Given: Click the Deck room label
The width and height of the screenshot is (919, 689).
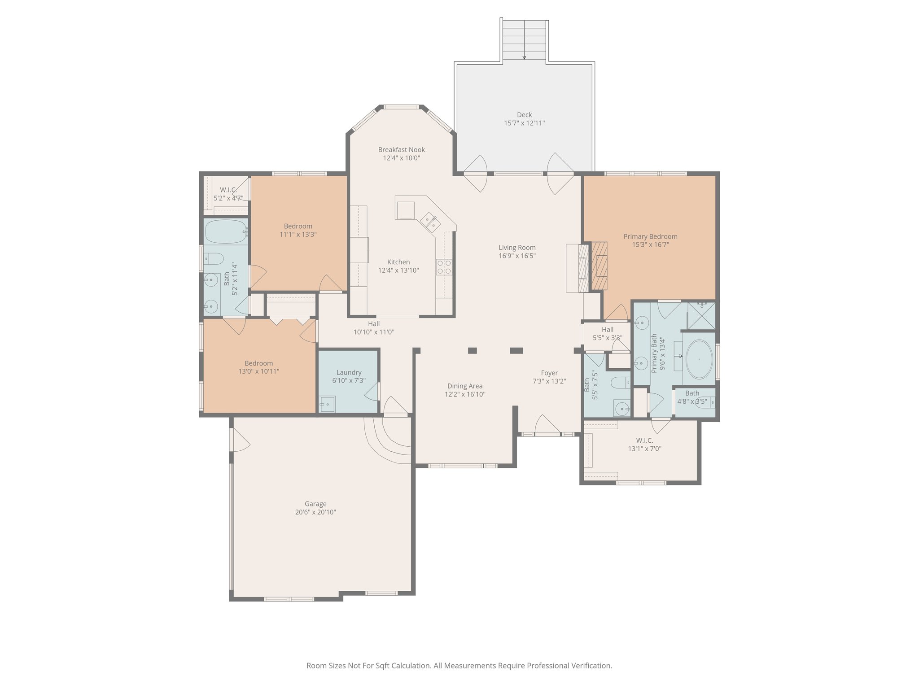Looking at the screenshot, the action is [524, 115].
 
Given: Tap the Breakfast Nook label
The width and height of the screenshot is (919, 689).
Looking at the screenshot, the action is [401, 150].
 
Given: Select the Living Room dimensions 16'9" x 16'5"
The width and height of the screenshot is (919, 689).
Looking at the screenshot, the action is [517, 256].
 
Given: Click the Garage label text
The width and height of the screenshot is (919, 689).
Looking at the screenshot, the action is [315, 504].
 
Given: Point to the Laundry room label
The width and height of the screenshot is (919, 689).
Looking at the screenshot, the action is [349, 373].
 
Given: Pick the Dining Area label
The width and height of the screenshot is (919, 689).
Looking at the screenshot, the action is [465, 386].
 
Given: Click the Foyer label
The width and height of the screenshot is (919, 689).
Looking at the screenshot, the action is [549, 373].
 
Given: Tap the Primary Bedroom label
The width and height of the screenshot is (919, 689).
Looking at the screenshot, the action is [650, 237].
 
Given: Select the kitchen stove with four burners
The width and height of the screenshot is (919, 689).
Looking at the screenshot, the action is [444, 267].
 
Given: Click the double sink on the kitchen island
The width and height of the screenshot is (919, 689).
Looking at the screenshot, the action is [431, 223].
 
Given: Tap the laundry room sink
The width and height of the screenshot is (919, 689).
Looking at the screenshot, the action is [327, 404].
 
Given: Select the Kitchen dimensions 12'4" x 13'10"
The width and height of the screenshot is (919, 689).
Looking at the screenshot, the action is [398, 270].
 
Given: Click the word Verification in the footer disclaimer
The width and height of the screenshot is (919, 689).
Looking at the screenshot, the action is [592, 666].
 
